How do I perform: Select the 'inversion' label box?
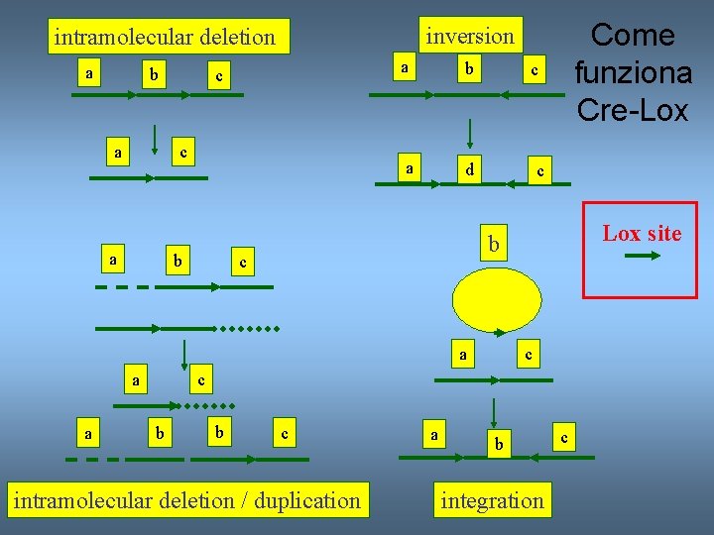point(470,36)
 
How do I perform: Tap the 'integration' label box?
point(492,500)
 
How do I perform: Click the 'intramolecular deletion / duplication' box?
point(186,500)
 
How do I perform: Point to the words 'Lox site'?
point(642,234)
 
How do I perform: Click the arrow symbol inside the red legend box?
point(643,257)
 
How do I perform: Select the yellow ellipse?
point(497,299)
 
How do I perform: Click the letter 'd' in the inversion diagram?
point(471,170)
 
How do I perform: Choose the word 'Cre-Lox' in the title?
point(632,110)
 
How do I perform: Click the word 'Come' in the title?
point(632,36)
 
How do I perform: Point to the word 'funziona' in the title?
point(633,73)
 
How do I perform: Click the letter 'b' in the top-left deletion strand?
point(154,75)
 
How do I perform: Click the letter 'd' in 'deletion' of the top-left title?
point(205,38)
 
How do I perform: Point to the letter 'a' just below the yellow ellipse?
point(462,353)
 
